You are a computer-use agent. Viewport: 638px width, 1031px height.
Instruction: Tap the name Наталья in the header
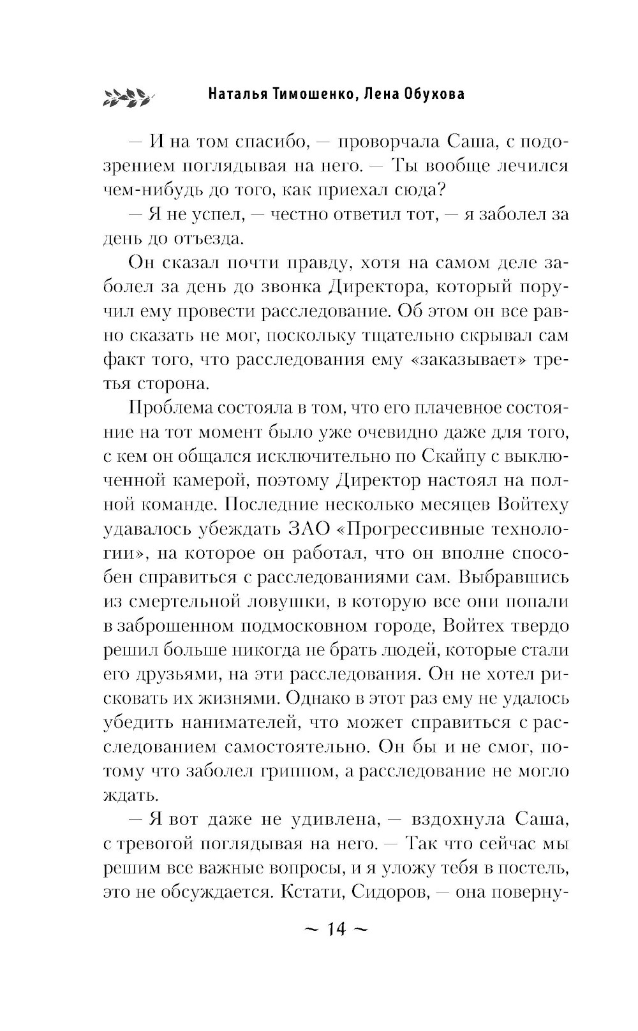pyautogui.click(x=238, y=94)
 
